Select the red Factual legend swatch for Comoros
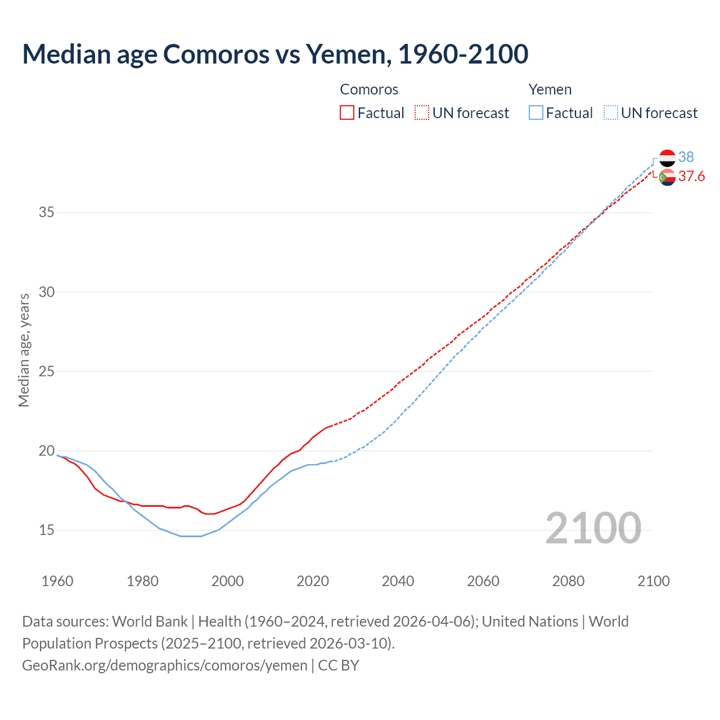(x=347, y=112)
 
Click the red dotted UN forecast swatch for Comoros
(x=422, y=112)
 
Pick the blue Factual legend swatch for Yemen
(x=535, y=112)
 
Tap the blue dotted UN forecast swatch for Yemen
(x=610, y=112)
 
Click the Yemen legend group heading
(x=550, y=89)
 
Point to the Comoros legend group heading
(x=369, y=89)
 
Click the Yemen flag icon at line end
(x=667, y=158)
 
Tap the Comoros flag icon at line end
(x=667, y=177)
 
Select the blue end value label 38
(x=686, y=157)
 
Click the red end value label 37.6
(x=691, y=177)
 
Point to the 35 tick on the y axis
(x=47, y=213)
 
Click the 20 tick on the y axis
(x=47, y=451)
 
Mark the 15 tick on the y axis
(x=47, y=530)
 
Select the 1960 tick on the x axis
(x=57, y=581)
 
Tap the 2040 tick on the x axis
(x=398, y=581)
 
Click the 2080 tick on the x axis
(x=568, y=581)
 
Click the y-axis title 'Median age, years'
(x=24, y=350)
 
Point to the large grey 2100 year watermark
(x=593, y=528)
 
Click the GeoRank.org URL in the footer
(x=165, y=665)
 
